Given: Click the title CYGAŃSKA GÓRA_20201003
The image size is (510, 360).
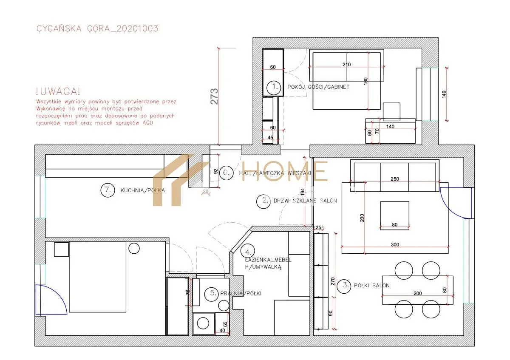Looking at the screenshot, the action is (x=97, y=28).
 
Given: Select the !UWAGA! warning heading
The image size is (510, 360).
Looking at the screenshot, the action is (x=58, y=91).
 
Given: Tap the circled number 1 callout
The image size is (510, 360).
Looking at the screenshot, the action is (x=273, y=87).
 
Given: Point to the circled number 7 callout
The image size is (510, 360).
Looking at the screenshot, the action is (x=108, y=190).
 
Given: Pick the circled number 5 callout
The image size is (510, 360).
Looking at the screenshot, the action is (x=212, y=294).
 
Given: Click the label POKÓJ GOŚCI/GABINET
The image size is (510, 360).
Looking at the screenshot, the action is (x=318, y=87).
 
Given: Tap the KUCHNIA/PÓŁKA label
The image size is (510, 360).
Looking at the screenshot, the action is (x=142, y=190).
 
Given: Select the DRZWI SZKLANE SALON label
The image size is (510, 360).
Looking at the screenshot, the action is (x=305, y=201).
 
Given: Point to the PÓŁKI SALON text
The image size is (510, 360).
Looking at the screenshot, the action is (x=371, y=286).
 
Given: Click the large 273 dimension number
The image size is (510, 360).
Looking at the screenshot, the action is (x=214, y=96).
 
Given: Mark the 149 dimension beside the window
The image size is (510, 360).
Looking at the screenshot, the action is (x=444, y=94).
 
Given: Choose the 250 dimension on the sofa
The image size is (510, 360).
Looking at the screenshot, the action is (x=395, y=179).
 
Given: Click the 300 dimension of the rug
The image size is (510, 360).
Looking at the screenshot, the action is (x=395, y=244).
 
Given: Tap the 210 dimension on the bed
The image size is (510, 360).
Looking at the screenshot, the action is (x=346, y=65).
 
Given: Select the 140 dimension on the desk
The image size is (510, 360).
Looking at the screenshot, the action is (x=390, y=127).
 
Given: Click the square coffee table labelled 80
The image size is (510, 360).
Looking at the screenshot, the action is (x=394, y=215).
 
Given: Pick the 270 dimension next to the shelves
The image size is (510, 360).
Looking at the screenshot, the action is (x=333, y=281).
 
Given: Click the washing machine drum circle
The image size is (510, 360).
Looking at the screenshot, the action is (x=203, y=323).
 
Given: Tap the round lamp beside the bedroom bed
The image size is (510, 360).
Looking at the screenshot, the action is (x=134, y=248).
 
